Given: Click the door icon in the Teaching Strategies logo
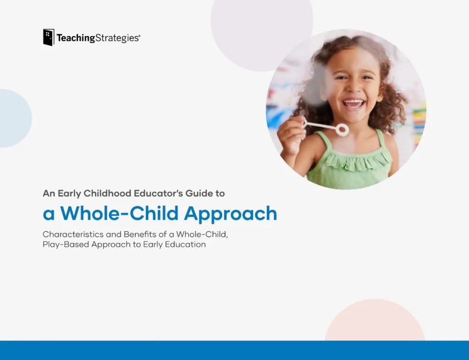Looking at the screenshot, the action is coord(49,38).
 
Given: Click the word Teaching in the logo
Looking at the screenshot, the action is coord(76,38).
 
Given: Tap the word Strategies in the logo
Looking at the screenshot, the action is coord(117,38).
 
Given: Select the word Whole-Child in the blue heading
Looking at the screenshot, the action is coord(120,213).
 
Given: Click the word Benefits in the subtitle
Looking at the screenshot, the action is coord(140,234).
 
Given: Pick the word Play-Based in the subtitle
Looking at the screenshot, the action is coord(66,245).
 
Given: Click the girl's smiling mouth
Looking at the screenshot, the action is coord(354,104).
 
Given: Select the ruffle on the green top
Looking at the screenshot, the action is coord(357,162).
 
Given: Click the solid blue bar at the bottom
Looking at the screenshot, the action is coord(234,350).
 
